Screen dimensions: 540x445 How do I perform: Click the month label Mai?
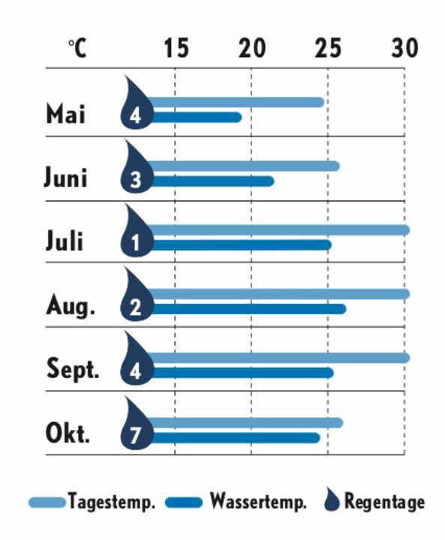pos(66,115)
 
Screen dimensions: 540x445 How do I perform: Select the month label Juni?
pos(65,178)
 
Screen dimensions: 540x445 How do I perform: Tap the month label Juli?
pos(65,241)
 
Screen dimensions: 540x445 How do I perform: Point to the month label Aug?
pos(71,306)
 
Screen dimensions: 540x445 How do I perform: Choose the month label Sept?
pos(73,370)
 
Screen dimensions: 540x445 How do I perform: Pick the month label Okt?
pos(68,434)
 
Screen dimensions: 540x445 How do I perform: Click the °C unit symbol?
pos(77,49)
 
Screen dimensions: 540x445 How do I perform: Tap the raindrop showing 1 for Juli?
pos(136,237)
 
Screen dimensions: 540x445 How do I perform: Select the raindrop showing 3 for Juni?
pos(136,173)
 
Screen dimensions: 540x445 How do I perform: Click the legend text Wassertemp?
pos(258,502)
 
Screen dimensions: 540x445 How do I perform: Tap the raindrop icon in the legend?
pos(331,500)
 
